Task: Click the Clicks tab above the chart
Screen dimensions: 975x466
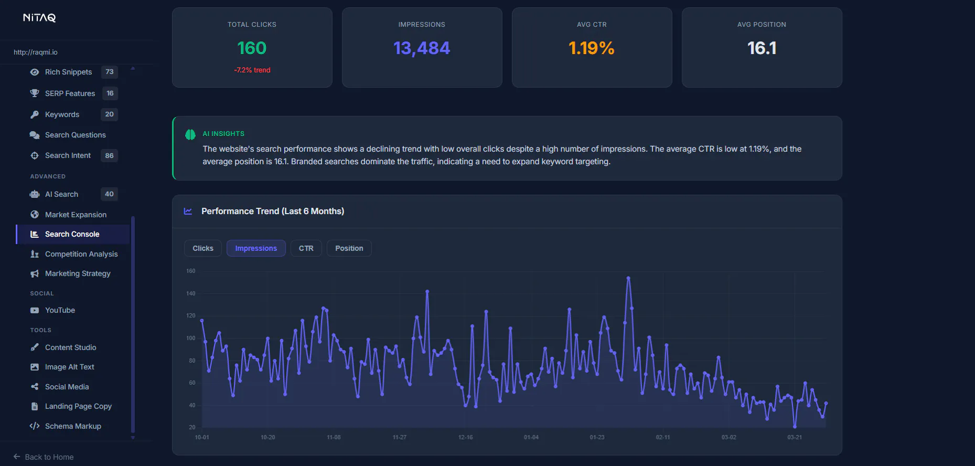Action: click(202, 248)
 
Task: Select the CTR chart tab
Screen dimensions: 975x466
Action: click(306, 248)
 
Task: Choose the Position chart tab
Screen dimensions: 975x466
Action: click(349, 248)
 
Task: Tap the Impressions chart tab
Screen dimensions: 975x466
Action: click(256, 248)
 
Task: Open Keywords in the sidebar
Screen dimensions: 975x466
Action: click(62, 114)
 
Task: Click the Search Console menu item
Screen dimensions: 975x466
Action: click(72, 234)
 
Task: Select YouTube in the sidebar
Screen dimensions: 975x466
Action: click(60, 310)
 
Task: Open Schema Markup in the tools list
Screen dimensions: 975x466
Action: click(73, 426)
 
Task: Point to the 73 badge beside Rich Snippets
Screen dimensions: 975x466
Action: click(109, 72)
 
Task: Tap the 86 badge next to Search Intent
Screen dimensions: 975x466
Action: click(109, 155)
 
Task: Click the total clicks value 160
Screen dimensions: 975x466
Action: click(252, 48)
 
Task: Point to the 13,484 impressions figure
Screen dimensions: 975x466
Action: click(422, 48)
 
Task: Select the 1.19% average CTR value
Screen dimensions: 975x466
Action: click(592, 48)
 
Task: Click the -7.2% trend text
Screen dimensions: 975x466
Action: click(252, 70)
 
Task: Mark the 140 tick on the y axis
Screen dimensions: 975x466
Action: click(190, 293)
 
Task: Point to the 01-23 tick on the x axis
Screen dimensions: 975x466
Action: click(597, 437)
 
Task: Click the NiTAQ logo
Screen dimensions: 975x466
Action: click(39, 18)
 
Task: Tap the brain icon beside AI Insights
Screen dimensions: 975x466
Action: click(190, 135)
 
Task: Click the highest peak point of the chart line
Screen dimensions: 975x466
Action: click(628, 278)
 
